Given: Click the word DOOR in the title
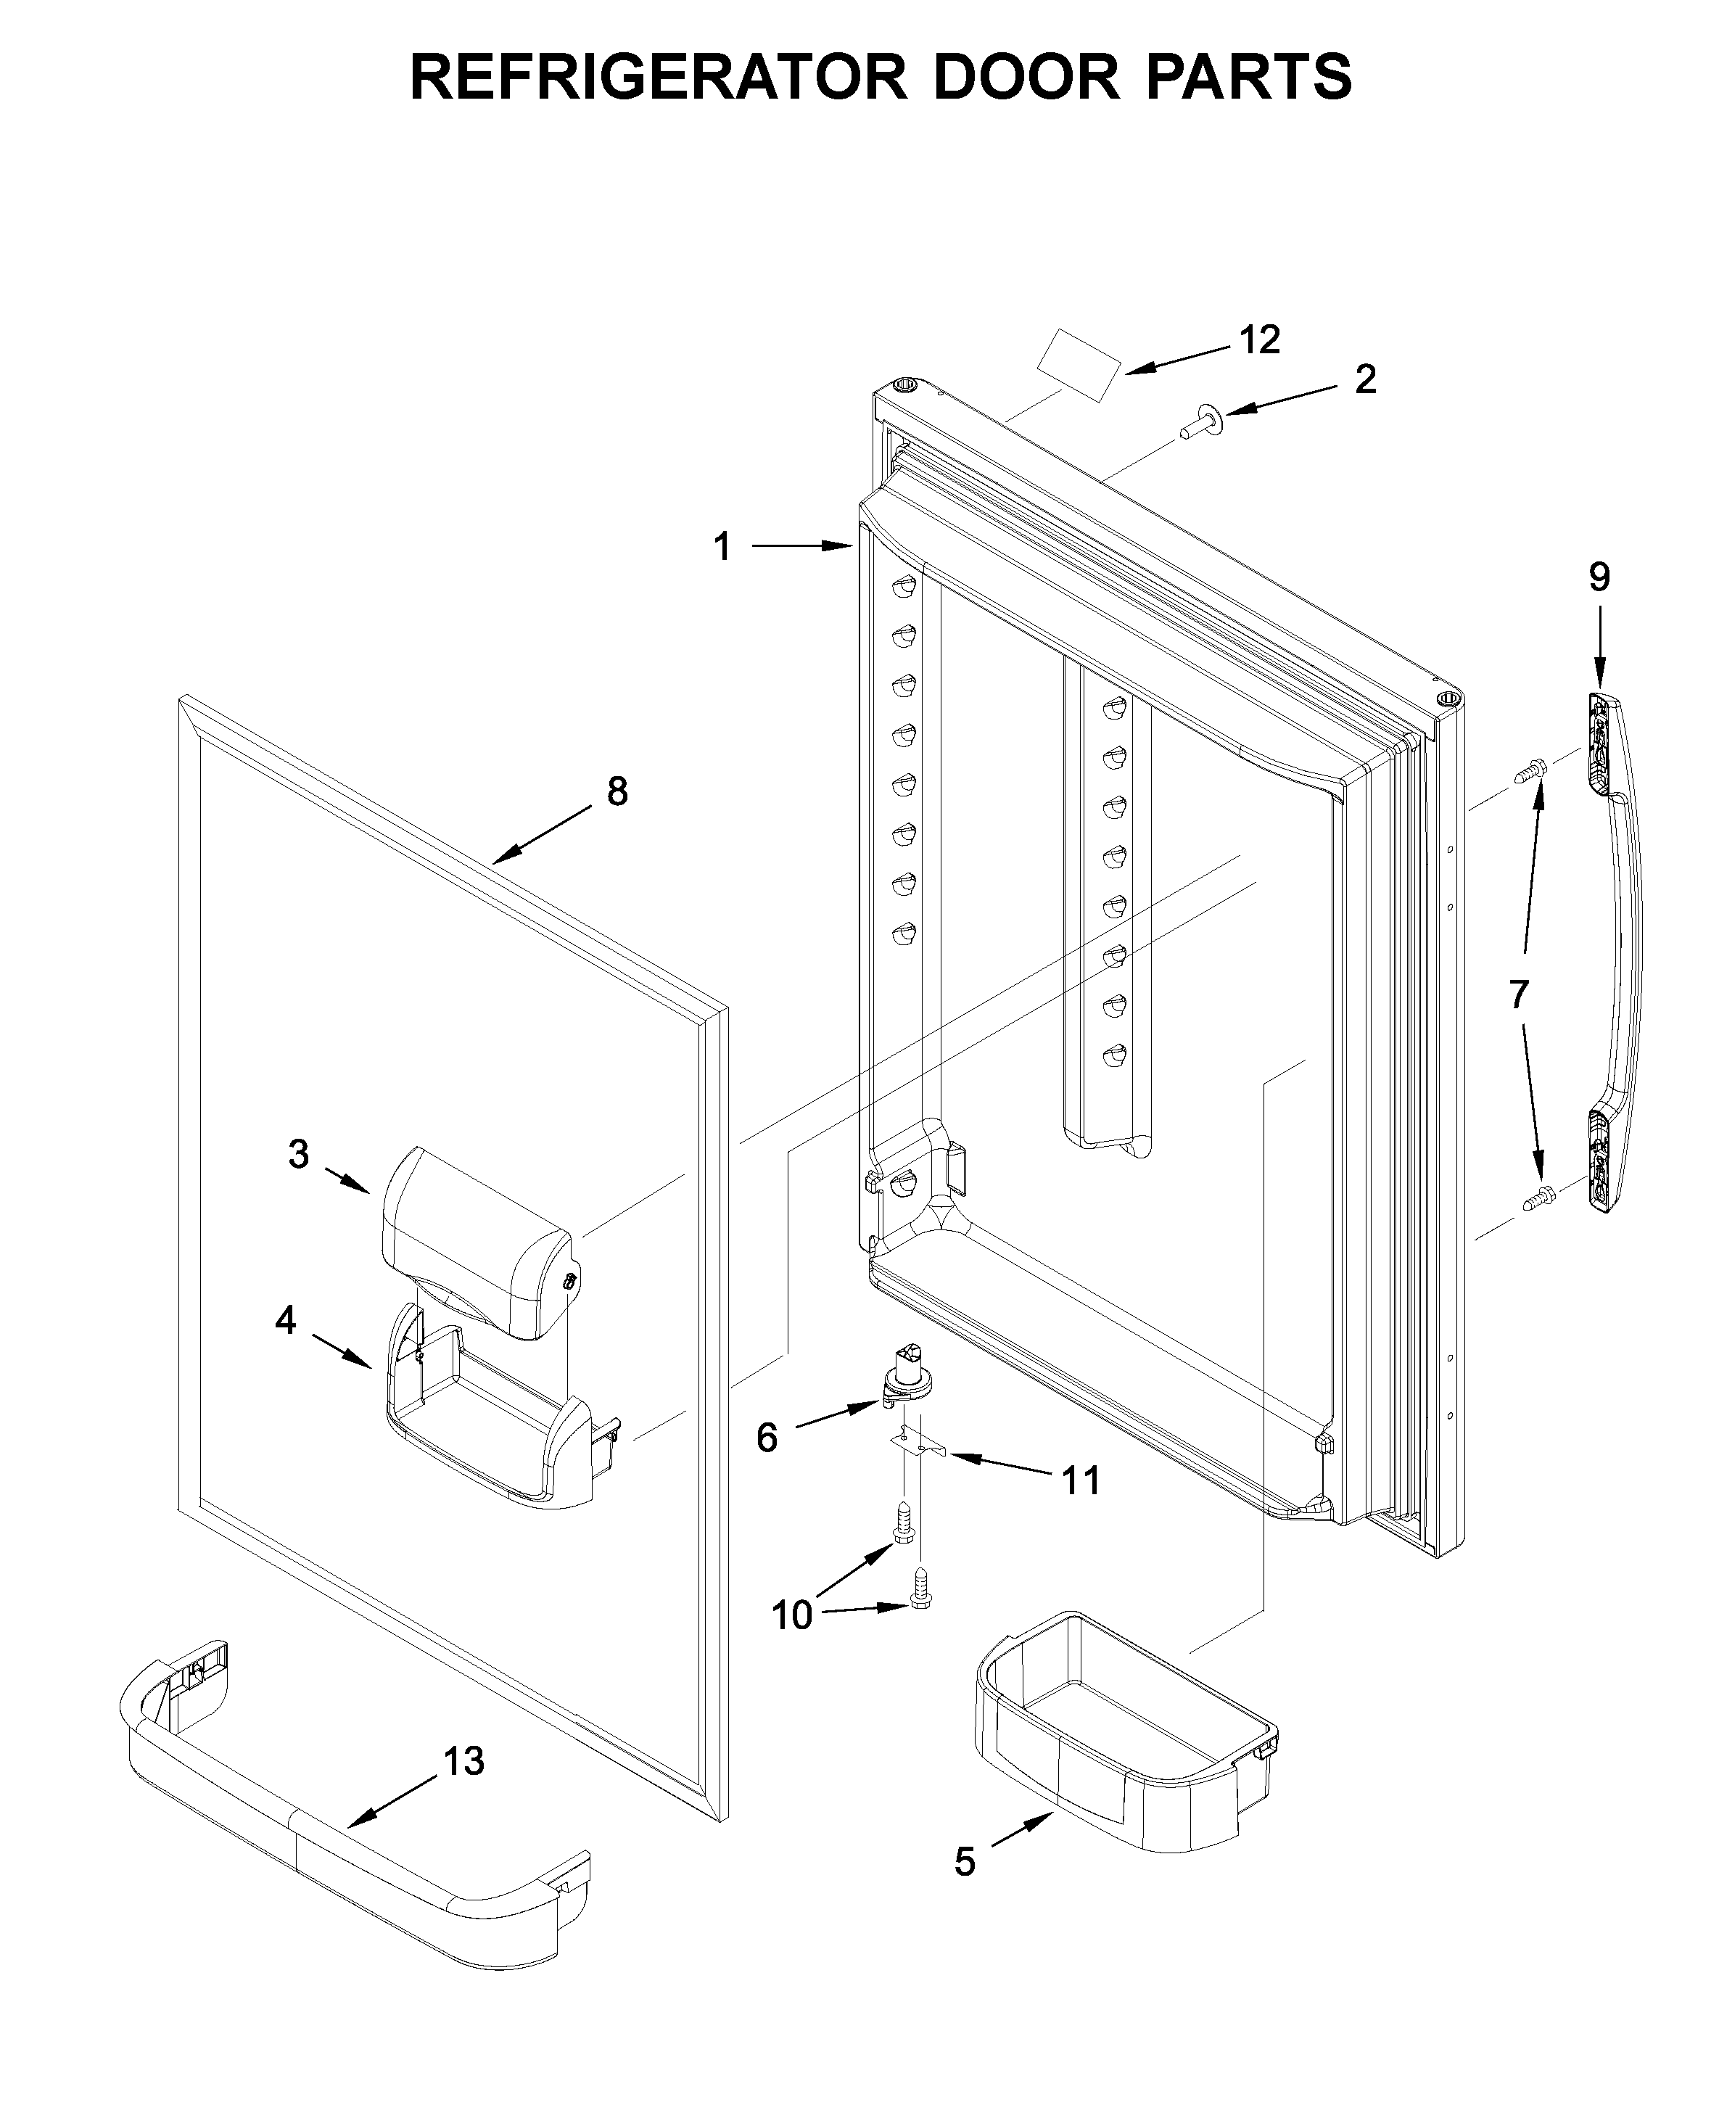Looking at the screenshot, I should pos(1026,76).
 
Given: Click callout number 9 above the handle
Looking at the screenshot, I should pos(1599,577).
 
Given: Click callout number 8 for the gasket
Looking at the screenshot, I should pos(617,791).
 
